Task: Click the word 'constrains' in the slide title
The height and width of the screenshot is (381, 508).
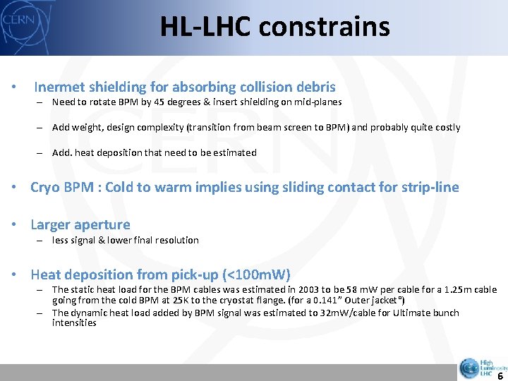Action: (324, 27)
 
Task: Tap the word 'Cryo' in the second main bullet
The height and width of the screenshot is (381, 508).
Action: (46, 188)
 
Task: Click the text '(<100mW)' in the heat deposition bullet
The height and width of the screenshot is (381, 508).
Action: (257, 275)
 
